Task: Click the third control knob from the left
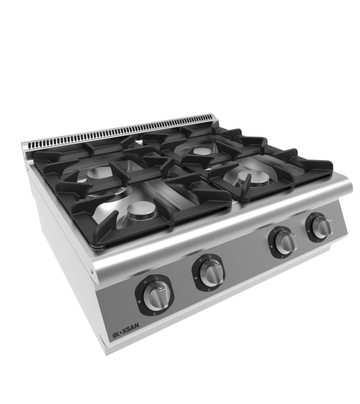pyautogui.click(x=285, y=242)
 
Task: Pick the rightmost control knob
pyautogui.click(x=322, y=226)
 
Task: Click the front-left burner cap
pyautogui.click(x=142, y=210)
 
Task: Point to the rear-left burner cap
pyautogui.click(x=100, y=173)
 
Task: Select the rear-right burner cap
pyautogui.click(x=203, y=151)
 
